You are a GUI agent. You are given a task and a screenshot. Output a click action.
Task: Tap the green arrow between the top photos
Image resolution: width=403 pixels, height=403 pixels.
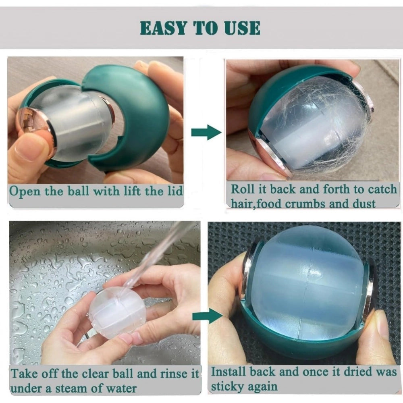point(206,133)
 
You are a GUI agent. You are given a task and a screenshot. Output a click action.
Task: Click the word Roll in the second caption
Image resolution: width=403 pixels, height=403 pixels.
point(244,189)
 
